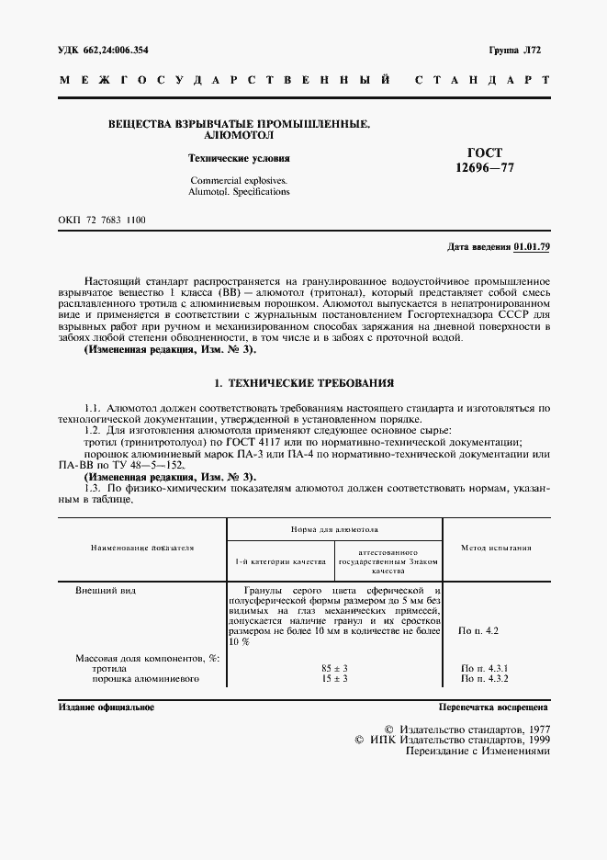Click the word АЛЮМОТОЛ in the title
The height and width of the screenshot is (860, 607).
click(x=240, y=134)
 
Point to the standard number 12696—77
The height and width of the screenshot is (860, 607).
click(x=485, y=168)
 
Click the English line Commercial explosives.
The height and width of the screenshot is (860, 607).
click(x=238, y=181)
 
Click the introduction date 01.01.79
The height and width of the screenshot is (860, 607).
click(x=532, y=247)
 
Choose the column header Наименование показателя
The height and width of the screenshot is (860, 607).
click(x=142, y=548)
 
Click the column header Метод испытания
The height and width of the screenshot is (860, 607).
click(x=496, y=548)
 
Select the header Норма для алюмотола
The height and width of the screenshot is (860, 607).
click(x=334, y=530)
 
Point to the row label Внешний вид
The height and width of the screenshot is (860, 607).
click(x=106, y=591)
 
